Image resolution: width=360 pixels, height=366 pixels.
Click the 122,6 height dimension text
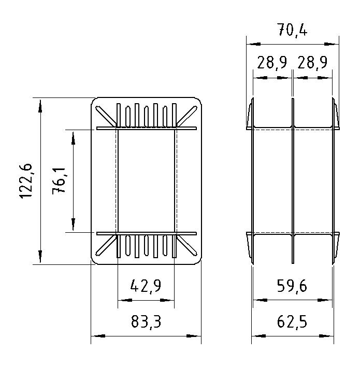click(26, 181)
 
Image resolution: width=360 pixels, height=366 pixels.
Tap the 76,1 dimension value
click(59, 181)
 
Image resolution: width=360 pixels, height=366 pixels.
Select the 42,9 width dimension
click(146, 286)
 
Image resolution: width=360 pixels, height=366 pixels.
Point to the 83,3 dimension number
click(146, 321)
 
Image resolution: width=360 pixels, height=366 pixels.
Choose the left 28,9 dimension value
click(272, 63)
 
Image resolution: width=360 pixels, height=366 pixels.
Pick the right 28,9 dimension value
click(312, 63)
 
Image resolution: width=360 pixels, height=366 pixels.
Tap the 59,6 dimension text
click(292, 286)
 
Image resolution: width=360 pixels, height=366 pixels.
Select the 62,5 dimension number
click(292, 321)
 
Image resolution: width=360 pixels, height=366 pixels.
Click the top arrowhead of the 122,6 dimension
click(40, 106)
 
